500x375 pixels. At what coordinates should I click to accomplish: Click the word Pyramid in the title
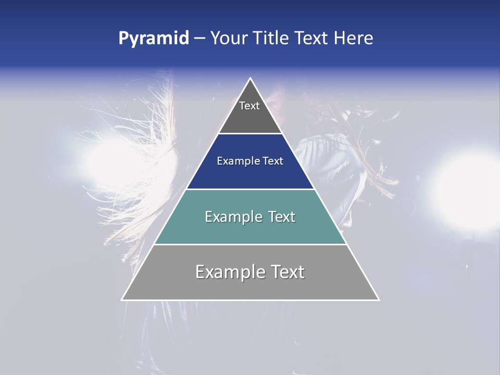[154, 39]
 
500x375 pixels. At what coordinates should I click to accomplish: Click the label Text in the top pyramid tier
[249, 106]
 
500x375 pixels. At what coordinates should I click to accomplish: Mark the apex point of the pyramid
[251, 79]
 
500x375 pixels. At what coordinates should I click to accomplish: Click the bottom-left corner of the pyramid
[122, 300]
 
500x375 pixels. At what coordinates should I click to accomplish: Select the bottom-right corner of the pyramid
[379, 300]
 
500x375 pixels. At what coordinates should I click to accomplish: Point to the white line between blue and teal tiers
[250, 189]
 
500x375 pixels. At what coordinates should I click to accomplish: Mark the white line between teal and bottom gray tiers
[250, 244]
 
